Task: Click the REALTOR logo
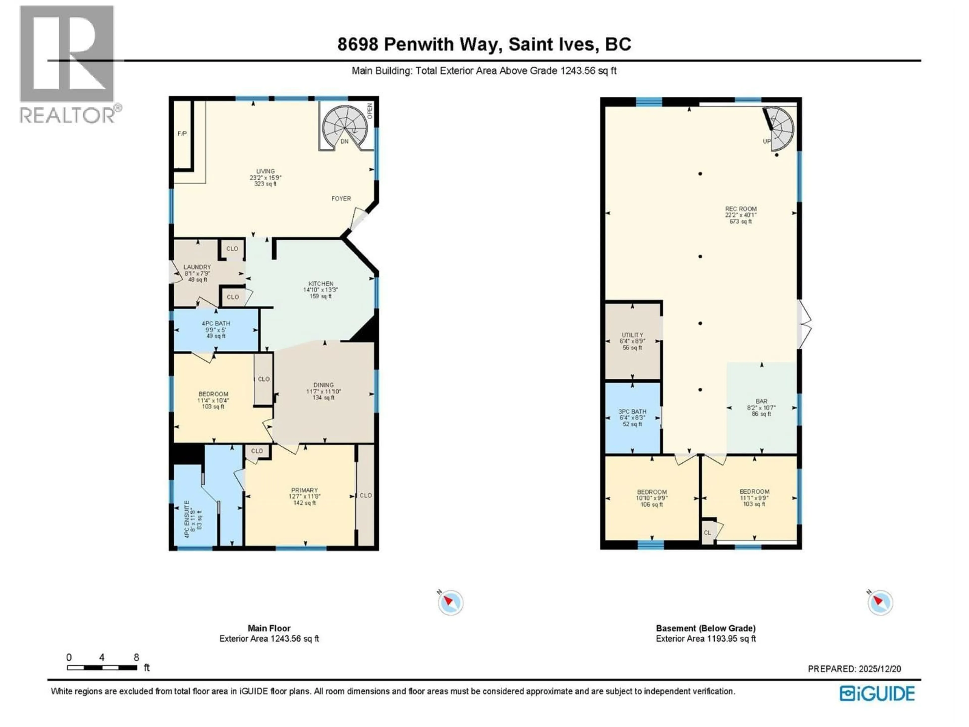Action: click(x=68, y=64)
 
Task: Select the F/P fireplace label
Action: click(x=182, y=133)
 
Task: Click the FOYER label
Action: click(x=341, y=198)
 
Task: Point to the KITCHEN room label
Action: click(x=321, y=283)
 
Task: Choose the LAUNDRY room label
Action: click(x=197, y=267)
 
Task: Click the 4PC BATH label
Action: click(x=216, y=323)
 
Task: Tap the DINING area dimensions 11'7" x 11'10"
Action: click(x=323, y=391)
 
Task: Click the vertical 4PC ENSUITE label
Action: click(x=187, y=519)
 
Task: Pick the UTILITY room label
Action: click(x=632, y=335)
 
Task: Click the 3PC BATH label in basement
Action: click(x=632, y=411)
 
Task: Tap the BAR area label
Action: click(x=761, y=401)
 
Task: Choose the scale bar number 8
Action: click(x=136, y=657)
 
